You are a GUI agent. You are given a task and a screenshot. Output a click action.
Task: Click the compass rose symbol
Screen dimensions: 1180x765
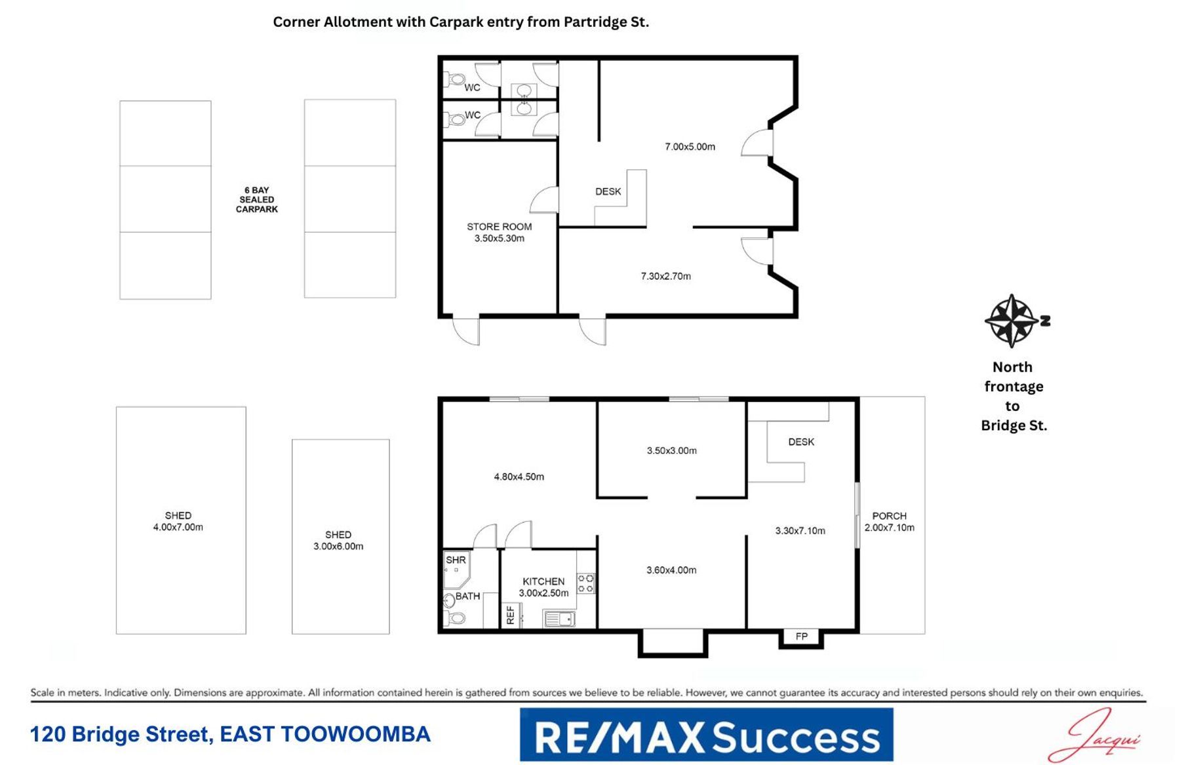coord(1013,321)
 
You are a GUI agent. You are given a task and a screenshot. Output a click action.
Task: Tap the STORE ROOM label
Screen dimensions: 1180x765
coord(499,227)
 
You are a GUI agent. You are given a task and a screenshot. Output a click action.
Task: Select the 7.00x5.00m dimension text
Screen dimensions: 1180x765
coord(690,147)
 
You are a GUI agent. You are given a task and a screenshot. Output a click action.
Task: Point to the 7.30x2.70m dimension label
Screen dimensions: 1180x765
coord(665,276)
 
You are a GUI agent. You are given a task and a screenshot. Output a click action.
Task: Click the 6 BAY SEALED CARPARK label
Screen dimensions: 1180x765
coord(257,200)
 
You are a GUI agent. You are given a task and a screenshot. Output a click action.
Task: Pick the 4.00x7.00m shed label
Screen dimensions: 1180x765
coord(178,521)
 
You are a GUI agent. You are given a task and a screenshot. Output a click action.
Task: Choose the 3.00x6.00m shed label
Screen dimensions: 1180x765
coord(338,540)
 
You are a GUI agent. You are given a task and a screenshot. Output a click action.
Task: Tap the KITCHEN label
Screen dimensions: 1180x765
coord(543,581)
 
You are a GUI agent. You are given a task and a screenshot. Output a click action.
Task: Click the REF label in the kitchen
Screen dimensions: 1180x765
coord(511,616)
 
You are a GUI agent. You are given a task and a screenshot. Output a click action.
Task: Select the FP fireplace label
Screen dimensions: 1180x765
coord(801,636)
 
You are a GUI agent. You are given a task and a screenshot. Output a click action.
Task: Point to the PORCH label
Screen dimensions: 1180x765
coord(890,516)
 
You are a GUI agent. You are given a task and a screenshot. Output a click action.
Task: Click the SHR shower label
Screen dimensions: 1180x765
coord(456,560)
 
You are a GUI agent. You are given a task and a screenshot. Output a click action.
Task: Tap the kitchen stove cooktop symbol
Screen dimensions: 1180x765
coord(585,583)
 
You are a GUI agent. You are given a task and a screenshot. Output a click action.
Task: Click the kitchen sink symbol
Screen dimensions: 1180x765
coord(559,618)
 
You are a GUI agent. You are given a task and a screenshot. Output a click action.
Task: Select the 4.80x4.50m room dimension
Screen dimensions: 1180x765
coord(519,477)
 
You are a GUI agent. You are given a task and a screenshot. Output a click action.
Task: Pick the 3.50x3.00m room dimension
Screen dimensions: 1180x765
coord(671,450)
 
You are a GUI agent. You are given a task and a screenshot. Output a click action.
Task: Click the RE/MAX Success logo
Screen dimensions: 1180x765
coord(707,735)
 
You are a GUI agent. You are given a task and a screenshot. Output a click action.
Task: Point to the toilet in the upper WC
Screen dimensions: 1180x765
coord(454,80)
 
